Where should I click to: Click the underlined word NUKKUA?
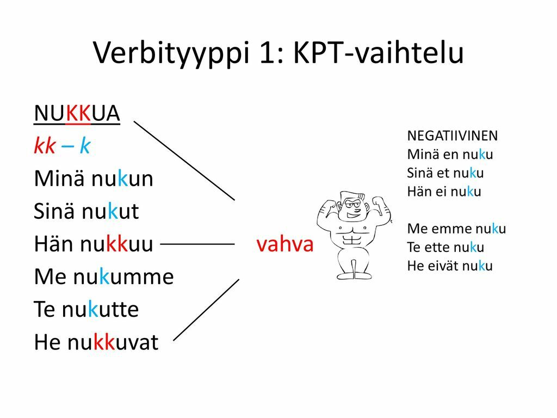point(77,113)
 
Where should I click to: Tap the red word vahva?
point(285,244)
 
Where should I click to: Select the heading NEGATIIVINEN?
point(452,136)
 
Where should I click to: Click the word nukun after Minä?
point(122,179)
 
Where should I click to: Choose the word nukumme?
point(123,276)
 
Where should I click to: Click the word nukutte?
point(100,309)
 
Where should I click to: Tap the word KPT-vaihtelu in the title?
point(379,53)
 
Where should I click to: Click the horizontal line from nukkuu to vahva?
point(197,244)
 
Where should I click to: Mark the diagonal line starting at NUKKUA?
point(184,161)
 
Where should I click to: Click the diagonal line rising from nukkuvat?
point(206,310)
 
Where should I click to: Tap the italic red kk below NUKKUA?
point(45,145)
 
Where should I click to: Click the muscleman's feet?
point(354,275)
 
